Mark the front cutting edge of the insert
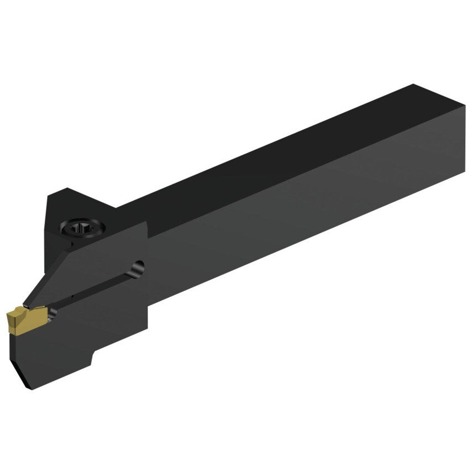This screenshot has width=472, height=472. pos(8,320)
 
